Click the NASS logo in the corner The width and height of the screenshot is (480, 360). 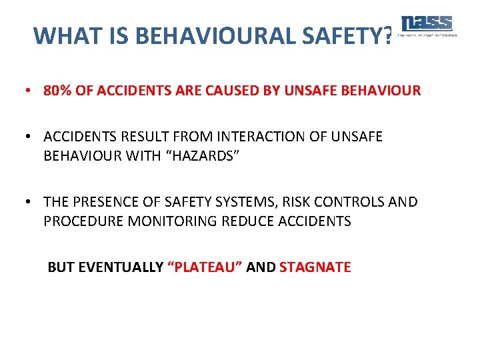(x=427, y=25)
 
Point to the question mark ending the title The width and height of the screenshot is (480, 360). (x=388, y=35)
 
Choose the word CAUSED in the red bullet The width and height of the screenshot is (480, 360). (x=244, y=90)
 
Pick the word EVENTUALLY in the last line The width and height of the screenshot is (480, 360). (x=120, y=267)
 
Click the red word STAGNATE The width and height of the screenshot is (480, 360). (x=315, y=267)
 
